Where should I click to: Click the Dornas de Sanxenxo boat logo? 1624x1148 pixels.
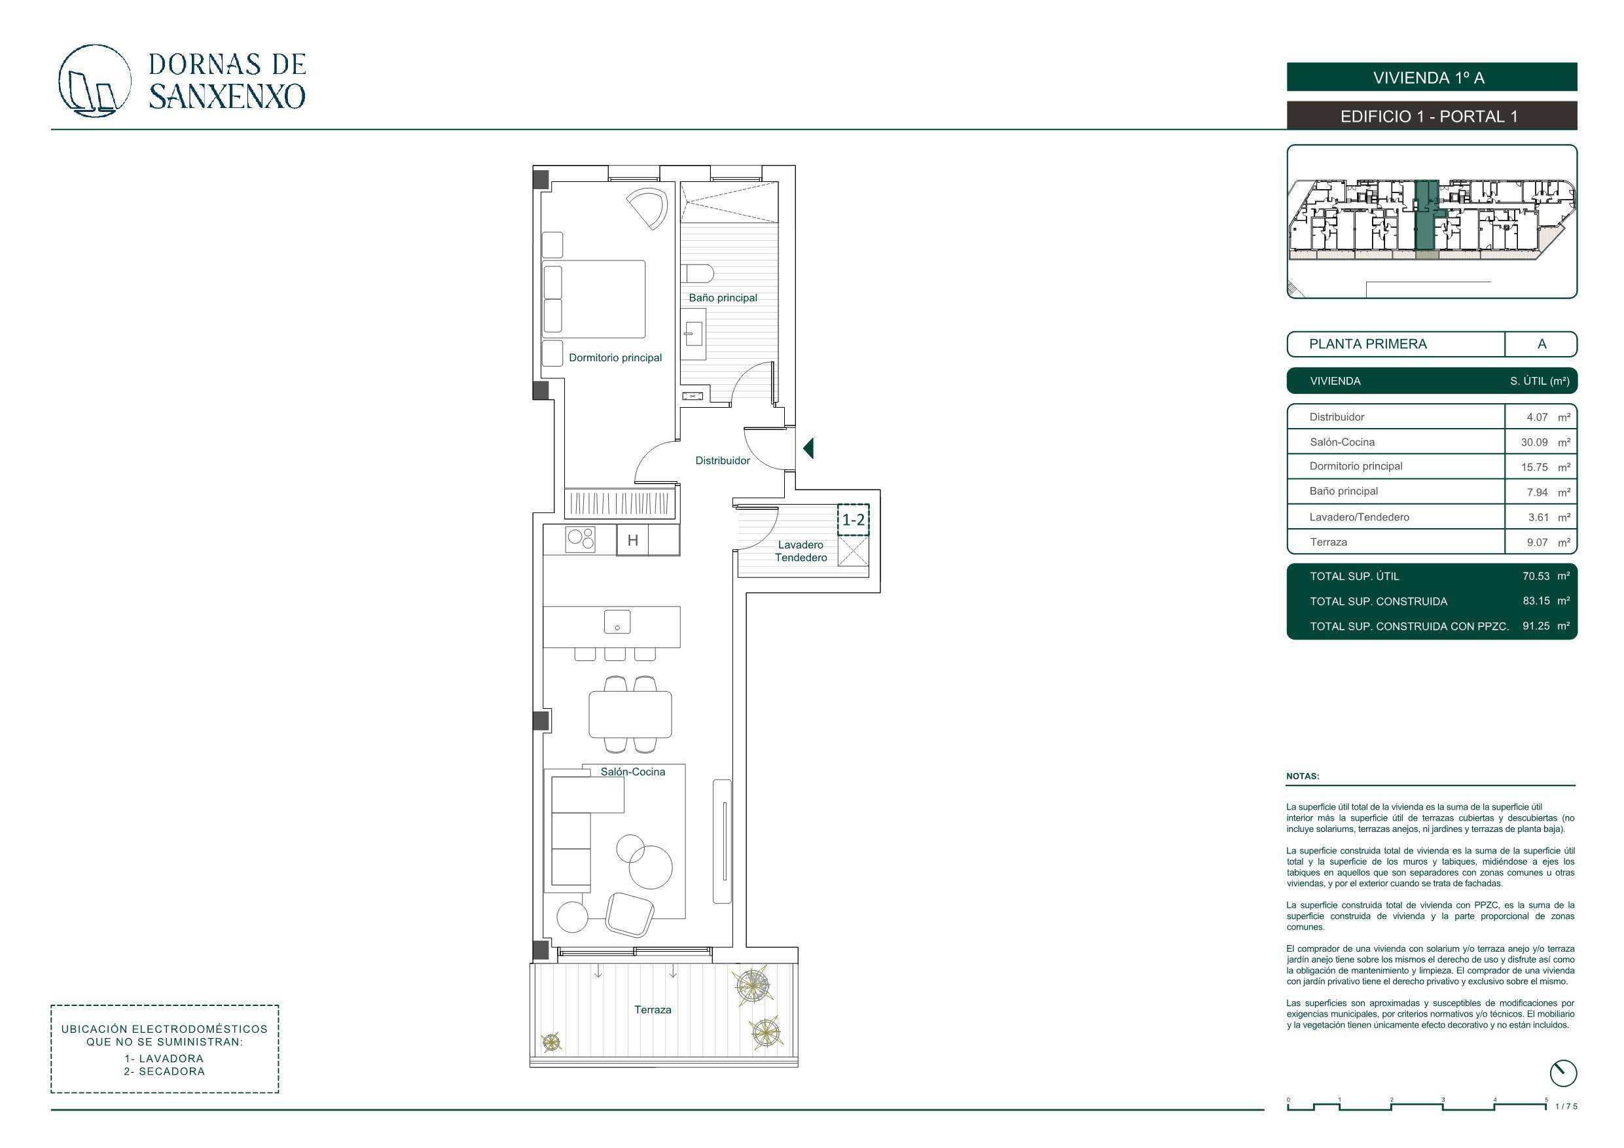pyautogui.click(x=94, y=81)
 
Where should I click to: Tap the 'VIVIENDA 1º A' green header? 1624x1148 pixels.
pyautogui.click(x=1432, y=77)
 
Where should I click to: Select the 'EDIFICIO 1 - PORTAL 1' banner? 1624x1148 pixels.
pyautogui.click(x=1432, y=116)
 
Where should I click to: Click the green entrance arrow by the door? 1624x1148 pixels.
pyautogui.click(x=808, y=448)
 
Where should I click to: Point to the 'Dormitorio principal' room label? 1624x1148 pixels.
pyautogui.click(x=615, y=358)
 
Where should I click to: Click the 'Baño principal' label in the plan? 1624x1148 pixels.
pyautogui.click(x=723, y=298)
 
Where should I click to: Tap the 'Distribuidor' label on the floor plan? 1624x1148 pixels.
pyautogui.click(x=722, y=461)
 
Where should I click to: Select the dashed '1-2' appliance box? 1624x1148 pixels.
pyautogui.click(x=853, y=520)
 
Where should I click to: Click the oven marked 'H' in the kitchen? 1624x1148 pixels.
pyautogui.click(x=632, y=541)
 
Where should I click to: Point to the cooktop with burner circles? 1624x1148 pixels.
pyautogui.click(x=580, y=540)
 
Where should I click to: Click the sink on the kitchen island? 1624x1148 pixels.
pyautogui.click(x=617, y=622)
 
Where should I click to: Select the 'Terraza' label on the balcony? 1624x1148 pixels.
pyautogui.click(x=653, y=1009)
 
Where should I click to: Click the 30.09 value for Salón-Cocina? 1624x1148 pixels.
pyautogui.click(x=1535, y=442)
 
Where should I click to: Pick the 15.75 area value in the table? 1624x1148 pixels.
pyautogui.click(x=1535, y=467)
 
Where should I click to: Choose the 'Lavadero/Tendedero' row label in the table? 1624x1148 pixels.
pyautogui.click(x=1360, y=517)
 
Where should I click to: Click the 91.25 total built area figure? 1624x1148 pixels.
pyautogui.click(x=1536, y=626)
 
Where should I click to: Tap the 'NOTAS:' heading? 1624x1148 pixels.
pyautogui.click(x=1303, y=776)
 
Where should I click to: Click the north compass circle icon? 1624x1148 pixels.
pyautogui.click(x=1562, y=1073)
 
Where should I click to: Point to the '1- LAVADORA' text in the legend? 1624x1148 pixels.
pyautogui.click(x=164, y=1059)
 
